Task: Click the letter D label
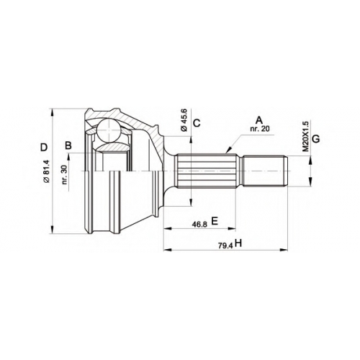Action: coord(44,147)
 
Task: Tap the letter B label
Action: coord(68,145)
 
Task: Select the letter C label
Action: coord(197,123)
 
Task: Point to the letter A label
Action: coord(259,120)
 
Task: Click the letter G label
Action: coord(316,139)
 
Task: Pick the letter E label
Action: coord(215,221)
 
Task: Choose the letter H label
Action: coord(238,243)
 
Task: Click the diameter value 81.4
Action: coord(47,171)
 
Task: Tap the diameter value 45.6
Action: coord(184,120)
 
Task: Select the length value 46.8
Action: coord(199,225)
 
